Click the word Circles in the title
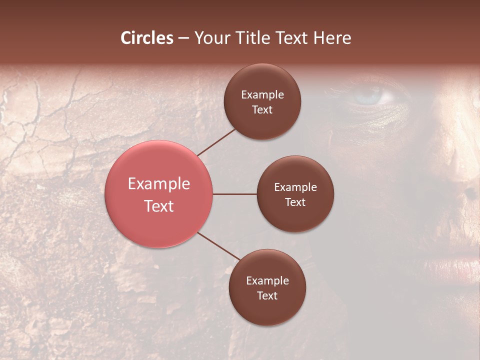[147, 38]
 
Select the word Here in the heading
[332, 38]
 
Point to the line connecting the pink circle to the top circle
[216, 142]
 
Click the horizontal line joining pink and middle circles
[235, 194]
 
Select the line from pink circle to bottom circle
[218, 246]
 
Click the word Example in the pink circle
[159, 184]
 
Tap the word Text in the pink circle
[159, 206]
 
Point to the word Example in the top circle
[262, 95]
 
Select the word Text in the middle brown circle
[295, 202]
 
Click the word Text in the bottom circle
[267, 296]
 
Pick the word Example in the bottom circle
[267, 281]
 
